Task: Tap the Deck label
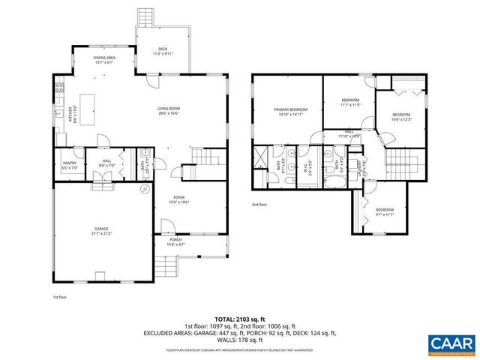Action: (163, 52)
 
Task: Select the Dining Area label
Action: (104, 60)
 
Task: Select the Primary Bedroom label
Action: (288, 112)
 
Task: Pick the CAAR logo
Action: (451, 343)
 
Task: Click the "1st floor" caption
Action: (59, 296)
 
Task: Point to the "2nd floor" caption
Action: (260, 204)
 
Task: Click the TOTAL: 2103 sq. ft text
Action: (239, 319)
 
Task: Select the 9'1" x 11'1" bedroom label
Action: (384, 212)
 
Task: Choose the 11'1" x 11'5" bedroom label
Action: (351, 103)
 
